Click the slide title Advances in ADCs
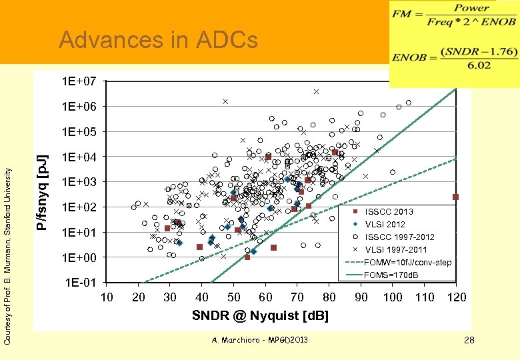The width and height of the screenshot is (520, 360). (x=158, y=41)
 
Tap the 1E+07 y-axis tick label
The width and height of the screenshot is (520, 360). (x=79, y=81)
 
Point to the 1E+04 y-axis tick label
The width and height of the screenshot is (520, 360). (x=79, y=157)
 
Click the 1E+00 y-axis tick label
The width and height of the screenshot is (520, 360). (x=79, y=257)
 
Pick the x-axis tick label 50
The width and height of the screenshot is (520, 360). (x=233, y=297)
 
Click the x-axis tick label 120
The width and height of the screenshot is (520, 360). (x=457, y=297)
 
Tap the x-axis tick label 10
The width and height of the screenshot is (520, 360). (x=106, y=297)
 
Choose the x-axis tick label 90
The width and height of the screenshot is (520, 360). (x=361, y=297)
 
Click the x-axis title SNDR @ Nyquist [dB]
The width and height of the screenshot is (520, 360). (x=260, y=315)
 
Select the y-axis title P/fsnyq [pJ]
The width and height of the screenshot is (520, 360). (x=42, y=192)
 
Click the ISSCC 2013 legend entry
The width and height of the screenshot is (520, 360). (x=389, y=211)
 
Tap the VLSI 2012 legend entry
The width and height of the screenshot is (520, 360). (x=385, y=224)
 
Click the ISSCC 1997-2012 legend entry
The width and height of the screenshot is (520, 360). (x=399, y=237)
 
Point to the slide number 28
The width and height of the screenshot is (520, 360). (x=469, y=341)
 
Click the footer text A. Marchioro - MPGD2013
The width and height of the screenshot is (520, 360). (x=259, y=341)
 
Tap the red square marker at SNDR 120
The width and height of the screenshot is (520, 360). (x=456, y=197)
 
